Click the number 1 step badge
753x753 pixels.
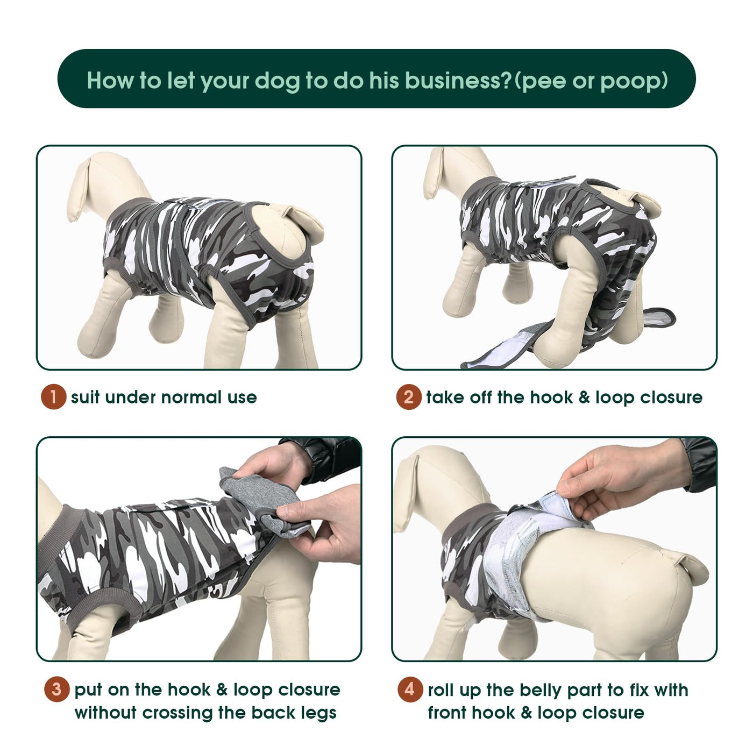pyautogui.click(x=54, y=397)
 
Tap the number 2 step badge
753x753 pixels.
pyautogui.click(x=409, y=397)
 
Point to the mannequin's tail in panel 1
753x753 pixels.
pyautogui.click(x=307, y=220)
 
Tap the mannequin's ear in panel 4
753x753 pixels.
pyautogui.click(x=407, y=493)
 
